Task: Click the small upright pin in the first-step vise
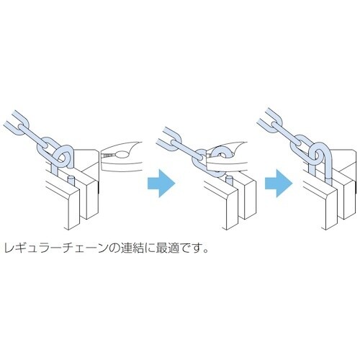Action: coord(72,177)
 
